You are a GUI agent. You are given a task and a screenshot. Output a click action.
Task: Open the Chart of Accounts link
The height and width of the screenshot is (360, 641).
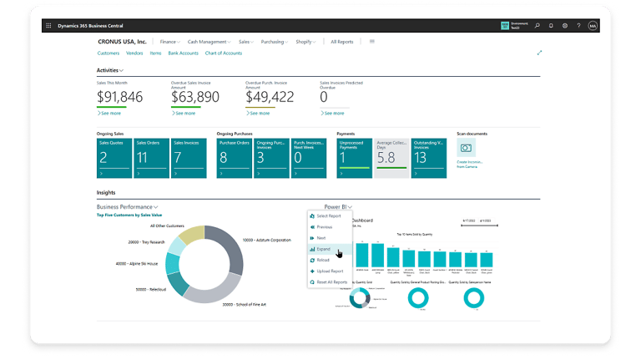point(223,53)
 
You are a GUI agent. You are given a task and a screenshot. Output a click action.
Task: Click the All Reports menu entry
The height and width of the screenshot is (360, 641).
point(341,41)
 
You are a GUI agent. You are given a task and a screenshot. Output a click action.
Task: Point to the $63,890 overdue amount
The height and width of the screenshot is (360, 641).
point(194,97)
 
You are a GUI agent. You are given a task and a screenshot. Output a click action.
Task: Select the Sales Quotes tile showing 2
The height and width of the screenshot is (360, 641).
point(114,158)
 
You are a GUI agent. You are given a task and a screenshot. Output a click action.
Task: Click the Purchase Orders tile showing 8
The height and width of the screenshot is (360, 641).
point(235,158)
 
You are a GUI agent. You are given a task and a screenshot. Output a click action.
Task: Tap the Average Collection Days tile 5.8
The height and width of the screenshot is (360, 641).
point(391,158)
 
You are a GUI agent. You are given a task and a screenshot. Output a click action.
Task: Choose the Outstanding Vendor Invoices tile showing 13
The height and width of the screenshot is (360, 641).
point(430,158)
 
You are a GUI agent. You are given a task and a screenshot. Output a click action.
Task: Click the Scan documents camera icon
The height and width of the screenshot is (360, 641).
point(466,149)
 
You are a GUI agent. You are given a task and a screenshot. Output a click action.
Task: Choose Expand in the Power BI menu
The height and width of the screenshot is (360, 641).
point(324,249)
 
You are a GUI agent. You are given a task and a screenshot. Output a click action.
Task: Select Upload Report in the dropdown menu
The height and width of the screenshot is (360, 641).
point(330,271)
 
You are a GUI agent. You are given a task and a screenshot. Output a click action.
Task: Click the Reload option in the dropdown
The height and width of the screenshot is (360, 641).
point(323,260)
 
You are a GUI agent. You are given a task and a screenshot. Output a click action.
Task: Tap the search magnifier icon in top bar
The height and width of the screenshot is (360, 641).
point(537,26)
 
